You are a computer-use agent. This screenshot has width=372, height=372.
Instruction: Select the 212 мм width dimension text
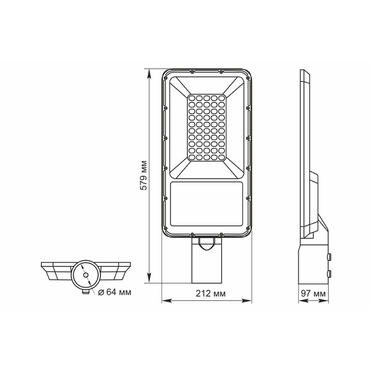click(207, 294)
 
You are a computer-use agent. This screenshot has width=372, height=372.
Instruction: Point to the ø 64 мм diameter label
click(114, 292)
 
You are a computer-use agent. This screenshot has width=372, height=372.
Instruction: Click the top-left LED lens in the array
click(193, 99)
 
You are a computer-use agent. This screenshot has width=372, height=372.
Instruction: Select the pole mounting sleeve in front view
click(207, 265)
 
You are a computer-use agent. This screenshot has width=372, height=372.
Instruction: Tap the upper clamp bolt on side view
click(330, 256)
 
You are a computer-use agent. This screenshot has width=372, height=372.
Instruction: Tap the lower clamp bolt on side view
click(330, 273)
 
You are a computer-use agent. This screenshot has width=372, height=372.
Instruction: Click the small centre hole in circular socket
click(86, 275)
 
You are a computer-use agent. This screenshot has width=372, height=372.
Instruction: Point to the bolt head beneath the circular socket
click(86, 292)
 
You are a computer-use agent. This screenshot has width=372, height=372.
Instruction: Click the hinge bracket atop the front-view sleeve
click(207, 242)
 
